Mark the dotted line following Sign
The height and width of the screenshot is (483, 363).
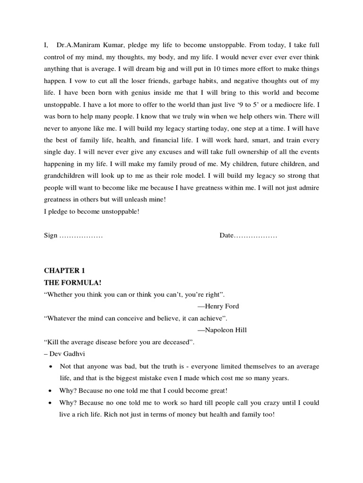click(x=80, y=235)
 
